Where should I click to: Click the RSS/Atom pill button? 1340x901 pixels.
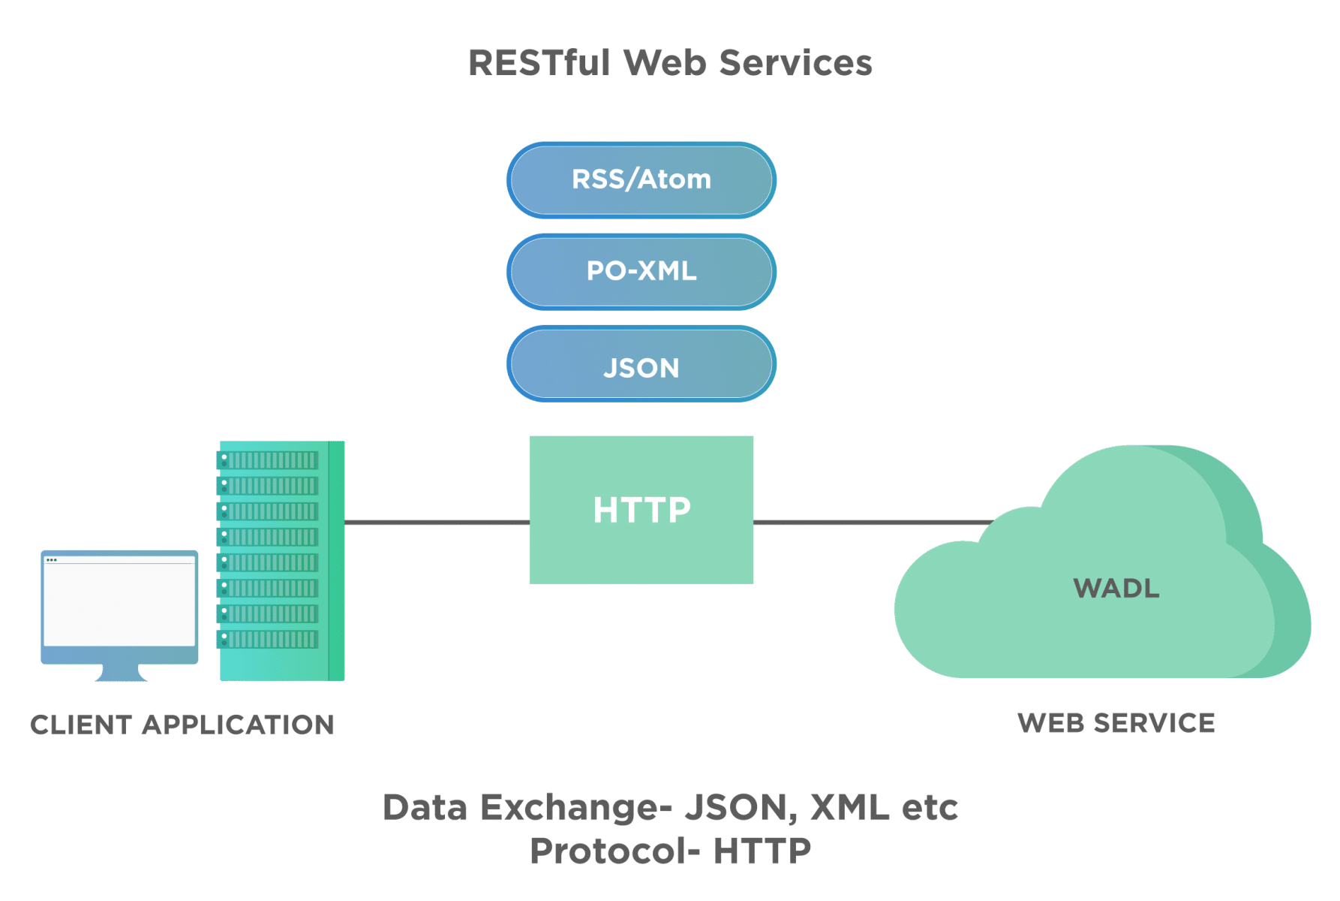[641, 179]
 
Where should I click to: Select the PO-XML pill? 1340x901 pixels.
[641, 271]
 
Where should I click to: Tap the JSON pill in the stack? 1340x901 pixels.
[641, 367]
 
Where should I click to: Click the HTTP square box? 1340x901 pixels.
[641, 509]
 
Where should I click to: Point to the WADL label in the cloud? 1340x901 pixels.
[1116, 588]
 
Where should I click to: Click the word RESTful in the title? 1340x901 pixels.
[539, 62]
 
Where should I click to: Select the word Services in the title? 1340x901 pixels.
[796, 62]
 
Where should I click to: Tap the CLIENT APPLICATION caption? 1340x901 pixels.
[182, 725]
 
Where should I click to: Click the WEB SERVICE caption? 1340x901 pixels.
[1116, 723]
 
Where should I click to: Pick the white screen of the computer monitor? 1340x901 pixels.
[119, 604]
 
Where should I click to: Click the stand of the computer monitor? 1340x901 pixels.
[121, 673]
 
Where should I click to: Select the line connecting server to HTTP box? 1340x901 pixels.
[437, 522]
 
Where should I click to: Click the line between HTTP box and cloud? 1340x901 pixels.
[870, 522]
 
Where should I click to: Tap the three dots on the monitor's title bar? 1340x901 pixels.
[52, 560]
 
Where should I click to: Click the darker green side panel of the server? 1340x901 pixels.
[337, 561]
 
